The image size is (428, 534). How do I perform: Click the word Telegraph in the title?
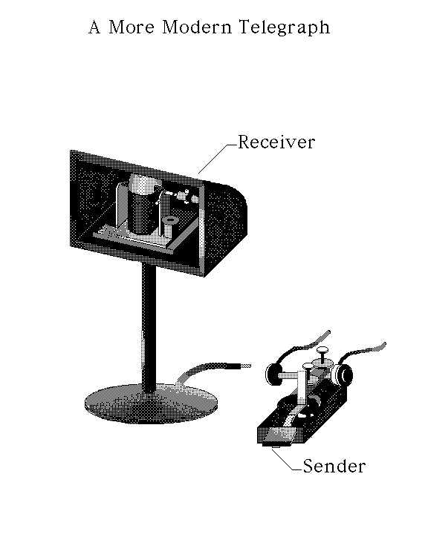click(x=285, y=27)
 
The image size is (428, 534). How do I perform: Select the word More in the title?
click(x=132, y=27)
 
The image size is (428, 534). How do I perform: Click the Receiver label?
click(x=276, y=142)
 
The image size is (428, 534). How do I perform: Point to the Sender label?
click(x=334, y=466)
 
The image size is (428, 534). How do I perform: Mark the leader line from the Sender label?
click(x=287, y=460)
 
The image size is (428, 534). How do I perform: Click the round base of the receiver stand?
click(x=151, y=404)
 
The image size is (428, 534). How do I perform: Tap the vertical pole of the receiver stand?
click(x=149, y=327)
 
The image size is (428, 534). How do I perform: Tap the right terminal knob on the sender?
click(x=343, y=375)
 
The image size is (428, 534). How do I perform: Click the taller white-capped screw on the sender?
click(x=322, y=355)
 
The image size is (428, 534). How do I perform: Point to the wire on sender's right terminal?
click(x=362, y=351)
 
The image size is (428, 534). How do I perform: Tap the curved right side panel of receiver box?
click(x=225, y=225)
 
